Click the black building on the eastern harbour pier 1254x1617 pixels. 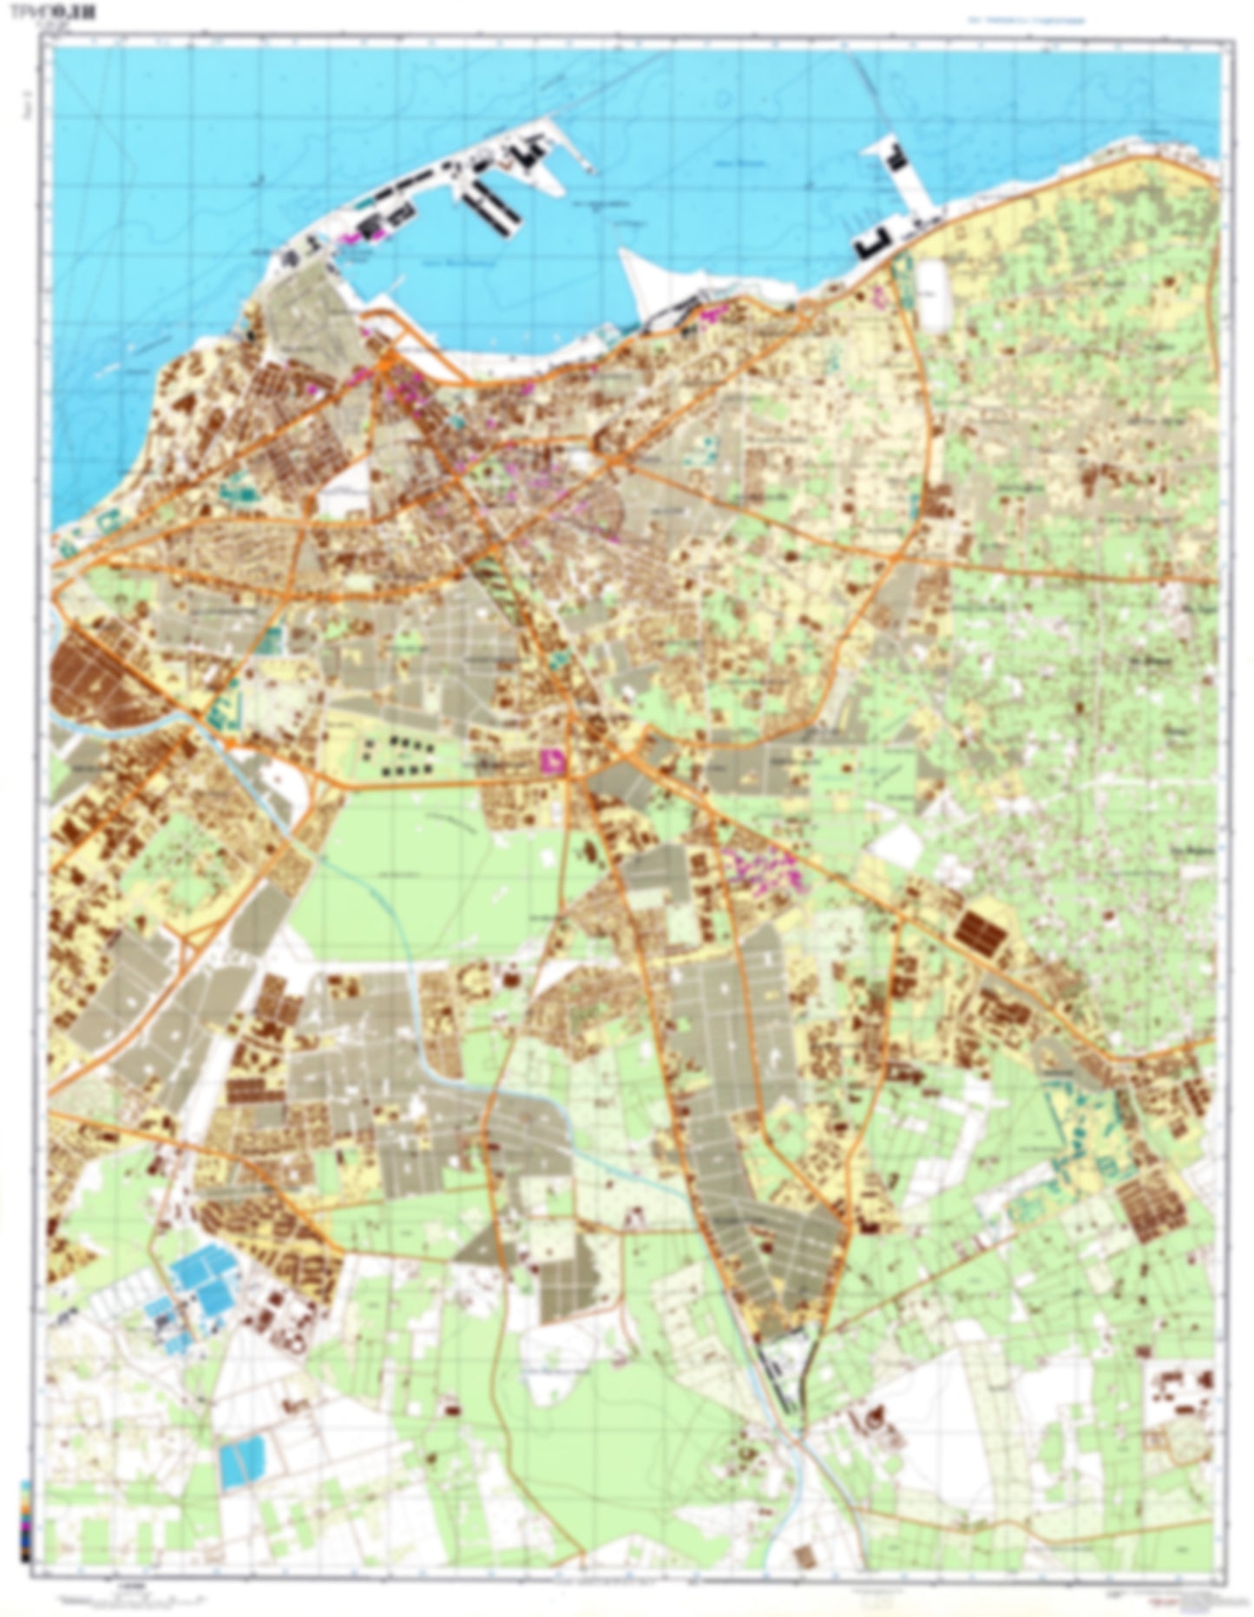(x=896, y=158)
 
